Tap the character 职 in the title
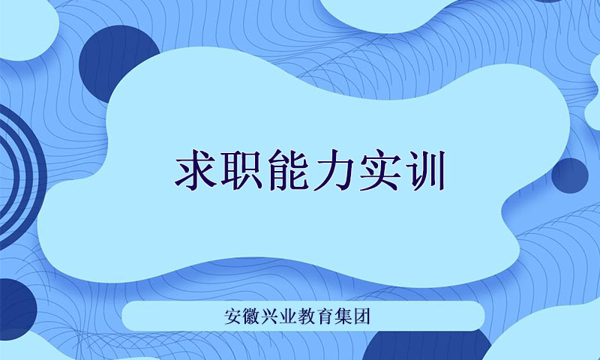coord(241,170)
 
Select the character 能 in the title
coord(288,170)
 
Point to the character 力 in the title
coord(334,170)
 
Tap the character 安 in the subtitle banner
coord(233,316)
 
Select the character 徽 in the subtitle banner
coord(251,316)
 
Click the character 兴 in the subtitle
coord(270,316)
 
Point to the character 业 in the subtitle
coord(288,316)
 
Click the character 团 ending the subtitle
coord(361,316)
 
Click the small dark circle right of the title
coord(570,175)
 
